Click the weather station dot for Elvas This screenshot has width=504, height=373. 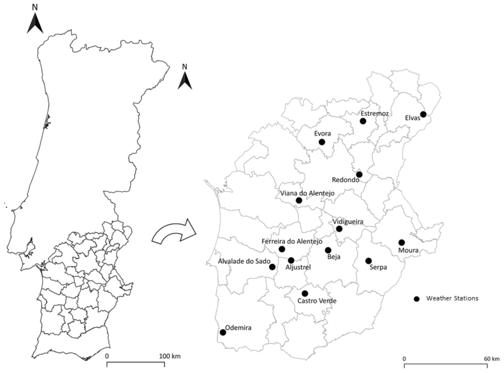(423, 114)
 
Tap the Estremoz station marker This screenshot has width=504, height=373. (363, 121)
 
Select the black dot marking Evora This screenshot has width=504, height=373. (322, 142)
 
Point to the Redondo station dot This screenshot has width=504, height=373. (359, 174)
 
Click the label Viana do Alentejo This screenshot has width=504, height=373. (307, 193)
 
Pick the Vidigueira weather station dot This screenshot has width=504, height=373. (339, 229)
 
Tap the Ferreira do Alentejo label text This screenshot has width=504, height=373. (292, 241)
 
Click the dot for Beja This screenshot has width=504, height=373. (328, 250)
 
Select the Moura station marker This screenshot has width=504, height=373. (402, 243)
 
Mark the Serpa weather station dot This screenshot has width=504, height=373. (369, 261)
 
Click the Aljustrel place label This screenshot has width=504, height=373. (298, 267)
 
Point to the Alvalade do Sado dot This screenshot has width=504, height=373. (272, 267)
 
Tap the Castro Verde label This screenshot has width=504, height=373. (317, 301)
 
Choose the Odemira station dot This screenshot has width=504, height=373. (223, 333)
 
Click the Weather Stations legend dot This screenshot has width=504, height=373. (416, 299)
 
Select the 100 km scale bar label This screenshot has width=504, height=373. (169, 356)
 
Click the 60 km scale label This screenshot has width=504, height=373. (492, 359)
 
